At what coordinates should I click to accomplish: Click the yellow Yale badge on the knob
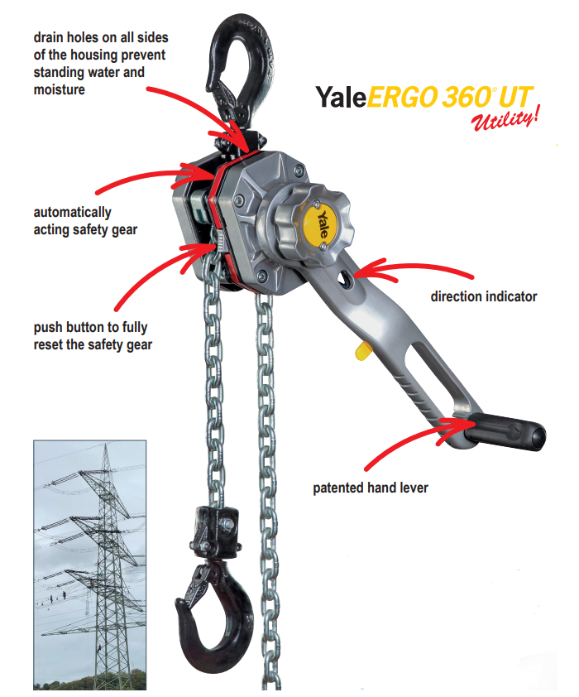pyautogui.click(x=321, y=224)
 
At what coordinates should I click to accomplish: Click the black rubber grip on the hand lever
pyautogui.click(x=506, y=431)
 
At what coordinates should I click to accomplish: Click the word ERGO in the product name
pyautogui.click(x=403, y=97)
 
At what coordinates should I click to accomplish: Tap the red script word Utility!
pyautogui.click(x=505, y=118)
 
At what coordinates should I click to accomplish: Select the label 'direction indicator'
pyautogui.click(x=484, y=296)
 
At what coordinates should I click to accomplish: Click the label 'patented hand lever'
pyautogui.click(x=371, y=488)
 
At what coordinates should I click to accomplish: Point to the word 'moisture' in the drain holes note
pyautogui.click(x=59, y=89)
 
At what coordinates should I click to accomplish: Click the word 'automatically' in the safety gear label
pyautogui.click(x=73, y=213)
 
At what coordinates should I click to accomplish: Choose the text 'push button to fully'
pyautogui.click(x=91, y=327)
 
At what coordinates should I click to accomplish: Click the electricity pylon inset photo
pyautogui.click(x=89, y=565)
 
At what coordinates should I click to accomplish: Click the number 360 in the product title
pyautogui.click(x=467, y=97)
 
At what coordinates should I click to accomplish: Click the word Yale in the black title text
pyautogui.click(x=341, y=97)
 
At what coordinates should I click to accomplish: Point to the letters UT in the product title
pyautogui.click(x=515, y=97)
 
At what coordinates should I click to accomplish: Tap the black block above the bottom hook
pyautogui.click(x=216, y=532)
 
